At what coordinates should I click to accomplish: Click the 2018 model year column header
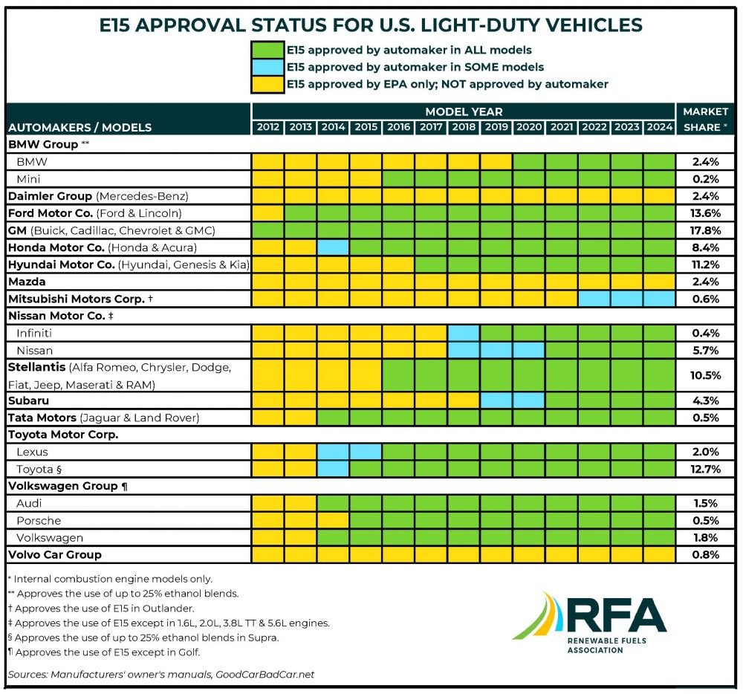coord(464,127)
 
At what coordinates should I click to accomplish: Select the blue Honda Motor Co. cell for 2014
coord(333,247)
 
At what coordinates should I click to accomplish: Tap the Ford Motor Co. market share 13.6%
coord(705,213)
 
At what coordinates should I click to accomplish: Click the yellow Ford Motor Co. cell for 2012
coord(267,213)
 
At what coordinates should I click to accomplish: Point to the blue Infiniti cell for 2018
coord(464,333)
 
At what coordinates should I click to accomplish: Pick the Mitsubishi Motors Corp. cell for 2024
coord(660,299)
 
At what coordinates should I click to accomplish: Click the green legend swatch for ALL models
coord(267,51)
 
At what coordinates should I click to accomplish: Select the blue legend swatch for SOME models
coord(267,68)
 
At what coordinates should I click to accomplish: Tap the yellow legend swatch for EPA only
coord(267,84)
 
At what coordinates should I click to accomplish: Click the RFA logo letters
coord(615,615)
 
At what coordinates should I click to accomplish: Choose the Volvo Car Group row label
coord(55,555)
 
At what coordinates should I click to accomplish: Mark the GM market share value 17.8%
coord(705,230)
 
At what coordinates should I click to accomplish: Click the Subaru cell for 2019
coord(496,400)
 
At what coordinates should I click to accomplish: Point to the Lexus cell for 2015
coord(366,452)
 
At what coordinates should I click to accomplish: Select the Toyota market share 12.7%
coord(705,469)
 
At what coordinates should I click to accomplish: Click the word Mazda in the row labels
coord(27,282)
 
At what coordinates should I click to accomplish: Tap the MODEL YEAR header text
coord(464,111)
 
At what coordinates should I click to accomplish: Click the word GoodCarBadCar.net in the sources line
coord(265,674)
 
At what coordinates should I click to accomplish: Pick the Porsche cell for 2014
coord(333,521)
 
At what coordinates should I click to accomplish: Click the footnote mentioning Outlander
coord(101,609)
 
